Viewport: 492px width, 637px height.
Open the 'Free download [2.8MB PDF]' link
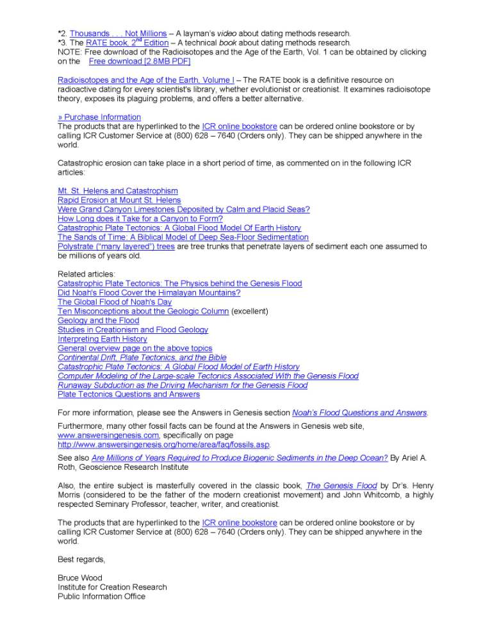[140, 61]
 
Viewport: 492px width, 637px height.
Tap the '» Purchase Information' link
[99, 117]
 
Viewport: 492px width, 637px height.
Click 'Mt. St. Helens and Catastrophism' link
[118, 191]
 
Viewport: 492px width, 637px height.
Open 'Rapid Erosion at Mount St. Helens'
[119, 200]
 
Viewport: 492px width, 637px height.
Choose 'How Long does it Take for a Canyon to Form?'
[140, 219]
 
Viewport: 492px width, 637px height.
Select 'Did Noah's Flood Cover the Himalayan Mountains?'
[149, 293]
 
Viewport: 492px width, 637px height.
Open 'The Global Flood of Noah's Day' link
[115, 302]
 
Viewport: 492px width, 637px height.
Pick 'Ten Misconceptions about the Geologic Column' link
[143, 311]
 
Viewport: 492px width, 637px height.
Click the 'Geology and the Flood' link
[98, 320]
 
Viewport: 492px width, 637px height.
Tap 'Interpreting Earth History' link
[102, 339]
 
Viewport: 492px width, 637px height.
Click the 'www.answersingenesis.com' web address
[108, 434]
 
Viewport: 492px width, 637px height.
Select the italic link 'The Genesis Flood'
[341, 486]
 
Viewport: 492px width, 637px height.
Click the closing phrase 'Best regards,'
[81, 559]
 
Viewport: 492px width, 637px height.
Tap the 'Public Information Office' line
[101, 596]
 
